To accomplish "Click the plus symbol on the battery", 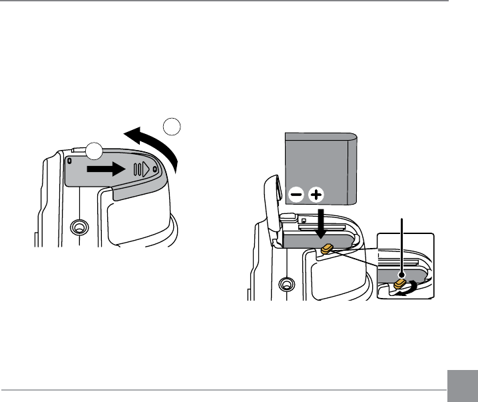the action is coord(316,195).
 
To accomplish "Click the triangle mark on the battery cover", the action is coord(145,169).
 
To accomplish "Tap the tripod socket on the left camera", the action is coord(79,229).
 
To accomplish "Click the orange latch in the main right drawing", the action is coord(328,249).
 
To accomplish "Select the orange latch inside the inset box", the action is coord(400,285).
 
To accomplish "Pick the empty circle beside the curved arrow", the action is coord(172,126).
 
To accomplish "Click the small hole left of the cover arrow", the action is coord(69,161).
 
